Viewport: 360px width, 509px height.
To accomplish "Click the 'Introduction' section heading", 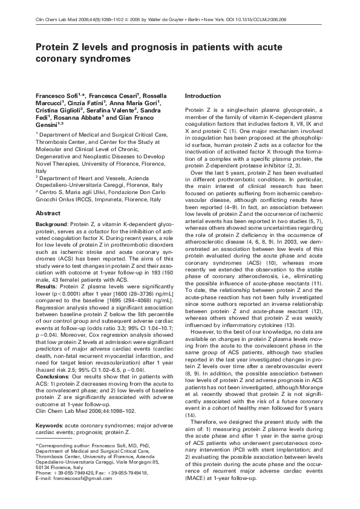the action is (x=202, y=96).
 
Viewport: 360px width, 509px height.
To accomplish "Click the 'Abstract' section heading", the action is (x=48, y=213).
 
